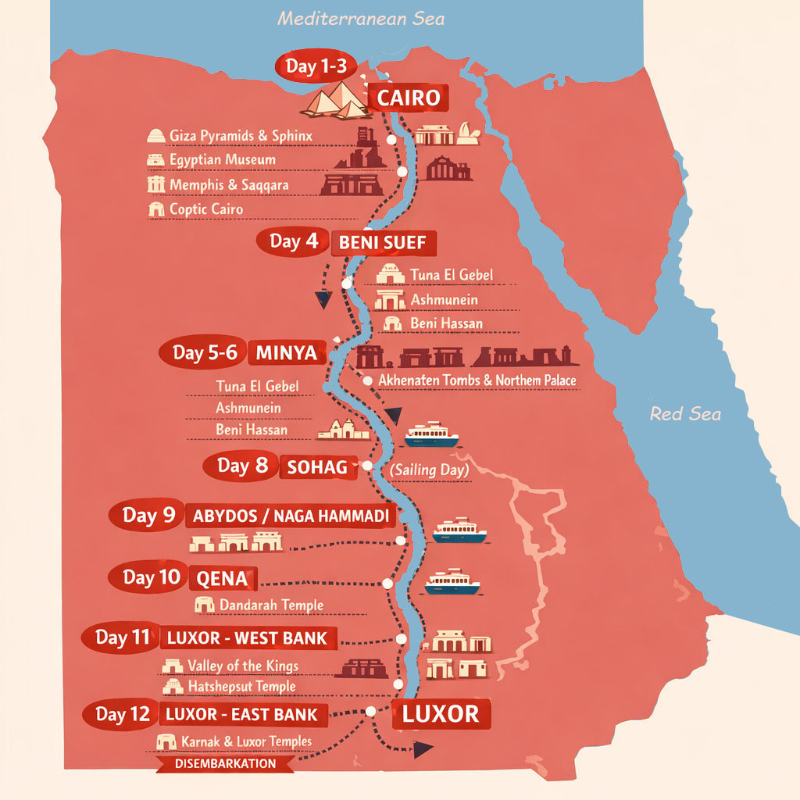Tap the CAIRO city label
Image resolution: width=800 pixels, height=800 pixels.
pos(409,98)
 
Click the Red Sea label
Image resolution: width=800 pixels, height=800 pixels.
pos(685,413)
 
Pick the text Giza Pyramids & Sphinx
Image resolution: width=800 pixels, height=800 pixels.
pos(241,136)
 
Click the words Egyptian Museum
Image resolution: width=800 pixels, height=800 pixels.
pos(222,160)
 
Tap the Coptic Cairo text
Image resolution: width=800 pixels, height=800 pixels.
pos(205,209)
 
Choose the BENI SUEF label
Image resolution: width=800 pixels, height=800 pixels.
pos(382,243)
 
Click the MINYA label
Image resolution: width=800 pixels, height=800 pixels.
pos(286,353)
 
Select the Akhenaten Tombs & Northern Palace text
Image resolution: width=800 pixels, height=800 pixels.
pos(477,380)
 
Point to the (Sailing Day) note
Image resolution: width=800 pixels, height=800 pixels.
pos(429,470)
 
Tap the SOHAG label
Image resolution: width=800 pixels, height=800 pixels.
pos(316,467)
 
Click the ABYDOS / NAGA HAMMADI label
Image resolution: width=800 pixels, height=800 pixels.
pos(290,516)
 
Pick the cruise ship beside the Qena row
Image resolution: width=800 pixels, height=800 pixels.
pos(452,582)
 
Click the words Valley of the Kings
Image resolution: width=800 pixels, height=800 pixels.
pos(242,666)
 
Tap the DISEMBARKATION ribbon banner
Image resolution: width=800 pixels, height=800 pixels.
pos(226,763)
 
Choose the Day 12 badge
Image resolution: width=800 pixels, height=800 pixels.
pos(121,714)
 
